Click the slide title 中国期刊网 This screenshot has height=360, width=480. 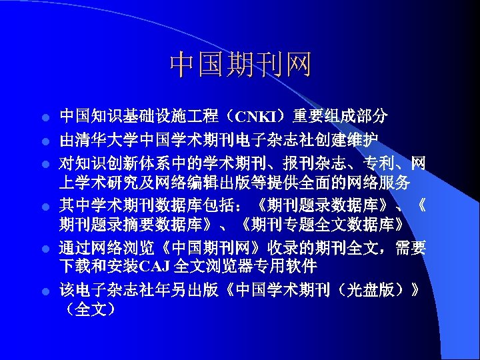[x=241, y=65]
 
